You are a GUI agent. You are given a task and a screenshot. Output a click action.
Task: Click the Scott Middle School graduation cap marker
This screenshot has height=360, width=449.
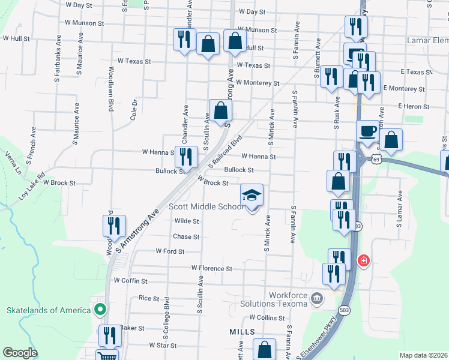click(252, 195)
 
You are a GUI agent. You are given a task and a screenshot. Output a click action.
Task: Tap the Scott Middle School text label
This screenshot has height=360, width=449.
click(206, 206)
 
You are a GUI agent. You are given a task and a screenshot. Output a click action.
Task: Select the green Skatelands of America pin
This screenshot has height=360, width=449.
click(100, 310)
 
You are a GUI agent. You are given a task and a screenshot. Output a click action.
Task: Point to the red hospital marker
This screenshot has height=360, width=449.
click(363, 260)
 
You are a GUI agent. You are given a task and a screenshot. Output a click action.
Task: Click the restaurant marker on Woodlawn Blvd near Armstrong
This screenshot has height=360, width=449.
click(113, 226)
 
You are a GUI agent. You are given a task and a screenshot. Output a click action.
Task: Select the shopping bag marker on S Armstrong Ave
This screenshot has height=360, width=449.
click(220, 111)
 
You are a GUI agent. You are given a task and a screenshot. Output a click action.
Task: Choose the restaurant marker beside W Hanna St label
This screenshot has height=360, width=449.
click(186, 157)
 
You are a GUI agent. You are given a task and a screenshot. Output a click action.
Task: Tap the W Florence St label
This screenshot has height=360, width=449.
click(211, 268)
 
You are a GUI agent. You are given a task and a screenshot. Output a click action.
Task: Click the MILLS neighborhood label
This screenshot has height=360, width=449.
click(242, 331)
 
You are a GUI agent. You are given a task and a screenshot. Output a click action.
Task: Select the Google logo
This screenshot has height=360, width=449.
click(20, 352)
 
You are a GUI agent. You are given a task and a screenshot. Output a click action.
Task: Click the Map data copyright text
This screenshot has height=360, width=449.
click(423, 355)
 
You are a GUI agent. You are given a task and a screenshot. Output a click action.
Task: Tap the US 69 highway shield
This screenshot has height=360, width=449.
click(376, 160)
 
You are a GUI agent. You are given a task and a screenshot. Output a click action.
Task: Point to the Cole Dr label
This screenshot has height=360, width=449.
click(134, 110)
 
